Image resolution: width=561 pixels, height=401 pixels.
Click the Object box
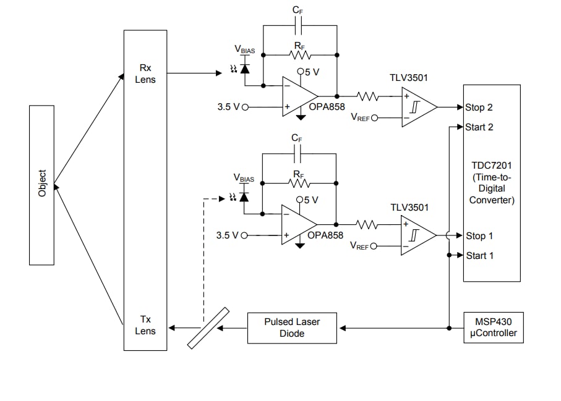tap(41, 184)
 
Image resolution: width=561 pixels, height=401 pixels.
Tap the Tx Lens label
tap(145, 325)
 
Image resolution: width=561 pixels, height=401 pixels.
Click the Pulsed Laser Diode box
tap(292, 327)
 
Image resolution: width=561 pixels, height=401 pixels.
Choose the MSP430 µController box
tap(492, 327)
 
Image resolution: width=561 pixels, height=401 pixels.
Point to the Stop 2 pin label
tap(479, 108)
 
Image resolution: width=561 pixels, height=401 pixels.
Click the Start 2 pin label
tap(479, 127)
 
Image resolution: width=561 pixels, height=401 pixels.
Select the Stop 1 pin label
tap(479, 235)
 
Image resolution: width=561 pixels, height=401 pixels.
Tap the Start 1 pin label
tap(479, 255)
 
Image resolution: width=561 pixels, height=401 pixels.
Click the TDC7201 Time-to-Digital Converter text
tap(492, 182)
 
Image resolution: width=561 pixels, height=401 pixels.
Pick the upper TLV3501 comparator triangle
tap(417, 107)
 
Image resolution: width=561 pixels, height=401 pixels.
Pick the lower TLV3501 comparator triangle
tap(416, 235)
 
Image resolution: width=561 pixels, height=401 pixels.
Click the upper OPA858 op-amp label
tap(327, 106)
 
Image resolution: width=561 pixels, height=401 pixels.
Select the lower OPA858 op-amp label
tap(325, 235)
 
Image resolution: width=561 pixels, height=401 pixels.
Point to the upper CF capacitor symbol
tap(299, 26)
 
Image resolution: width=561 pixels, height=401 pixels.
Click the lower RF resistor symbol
tap(299, 183)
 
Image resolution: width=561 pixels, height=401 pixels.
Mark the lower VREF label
tap(359, 246)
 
